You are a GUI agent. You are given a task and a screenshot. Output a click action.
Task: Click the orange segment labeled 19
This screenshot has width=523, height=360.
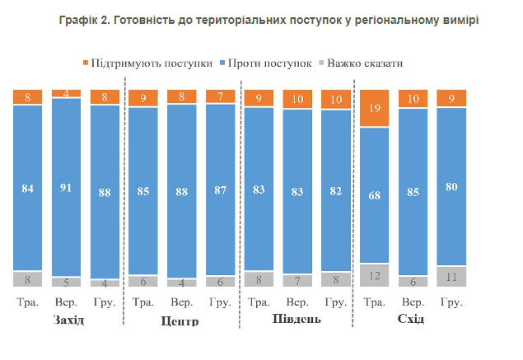click(x=375, y=108)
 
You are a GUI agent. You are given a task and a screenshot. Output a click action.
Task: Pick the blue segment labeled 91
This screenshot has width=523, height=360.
click(x=66, y=187)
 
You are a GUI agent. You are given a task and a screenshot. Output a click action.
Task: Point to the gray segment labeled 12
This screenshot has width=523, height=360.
click(x=375, y=274)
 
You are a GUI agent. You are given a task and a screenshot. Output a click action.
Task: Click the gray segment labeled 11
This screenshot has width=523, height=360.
click(x=451, y=276)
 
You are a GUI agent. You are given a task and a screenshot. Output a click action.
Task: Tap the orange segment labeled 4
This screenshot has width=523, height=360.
click(x=66, y=93)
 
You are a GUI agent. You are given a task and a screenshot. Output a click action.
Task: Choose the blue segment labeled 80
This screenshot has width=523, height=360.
click(x=451, y=186)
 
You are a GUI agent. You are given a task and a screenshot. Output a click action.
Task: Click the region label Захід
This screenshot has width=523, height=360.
click(x=67, y=320)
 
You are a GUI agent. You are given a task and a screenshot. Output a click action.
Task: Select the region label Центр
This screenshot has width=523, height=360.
click(x=182, y=320)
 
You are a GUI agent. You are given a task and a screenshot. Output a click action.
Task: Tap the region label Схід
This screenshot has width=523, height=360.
click(x=410, y=319)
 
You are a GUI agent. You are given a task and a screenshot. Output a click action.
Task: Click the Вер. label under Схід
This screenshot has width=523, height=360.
click(x=413, y=302)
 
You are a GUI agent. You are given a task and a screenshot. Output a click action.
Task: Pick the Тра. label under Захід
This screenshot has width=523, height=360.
click(x=27, y=302)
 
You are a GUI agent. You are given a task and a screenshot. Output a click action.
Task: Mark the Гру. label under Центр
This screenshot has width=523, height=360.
click(x=221, y=302)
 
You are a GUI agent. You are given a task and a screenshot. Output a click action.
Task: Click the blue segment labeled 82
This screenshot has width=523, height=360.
click(x=336, y=190)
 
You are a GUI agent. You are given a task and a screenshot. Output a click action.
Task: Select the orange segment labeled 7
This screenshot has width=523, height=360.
click(x=221, y=96)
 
